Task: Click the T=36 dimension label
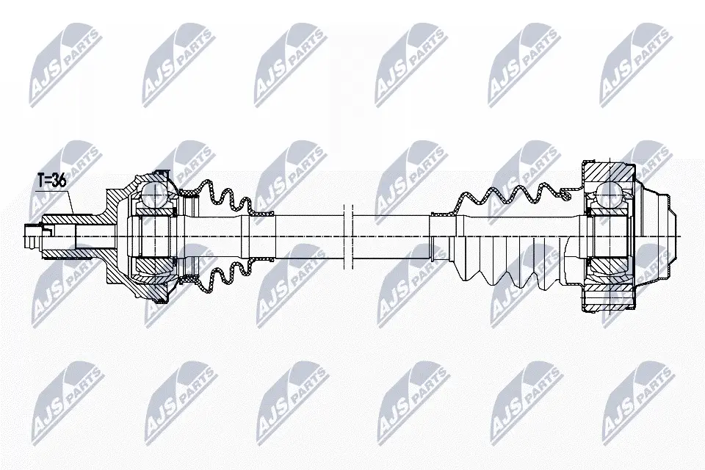click(51, 181)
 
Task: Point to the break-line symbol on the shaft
click(348, 236)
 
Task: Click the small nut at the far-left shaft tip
click(31, 236)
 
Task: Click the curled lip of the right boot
click(565, 194)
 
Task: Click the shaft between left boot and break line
click(309, 236)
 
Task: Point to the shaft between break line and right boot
click(392, 236)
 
